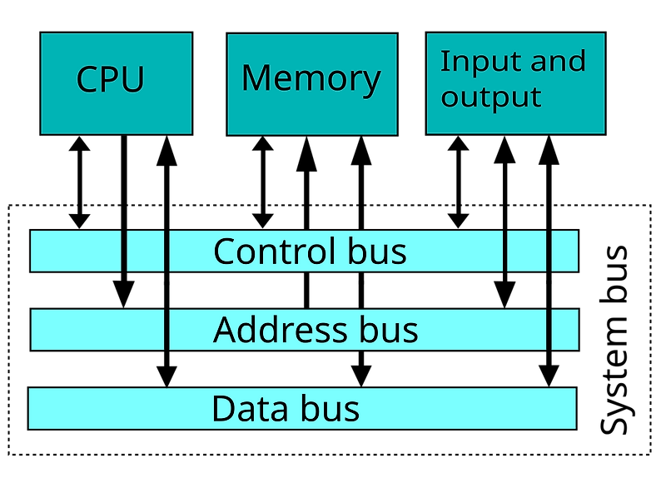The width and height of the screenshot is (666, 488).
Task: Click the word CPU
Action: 110,80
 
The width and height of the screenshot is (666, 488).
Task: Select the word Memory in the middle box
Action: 311,79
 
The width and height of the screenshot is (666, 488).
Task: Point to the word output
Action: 491,97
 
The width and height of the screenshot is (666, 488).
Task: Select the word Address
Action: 280,330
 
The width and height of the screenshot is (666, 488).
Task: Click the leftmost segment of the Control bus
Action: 76,251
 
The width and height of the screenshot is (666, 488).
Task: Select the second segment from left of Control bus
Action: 146,251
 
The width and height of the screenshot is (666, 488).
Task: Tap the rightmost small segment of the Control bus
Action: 564,251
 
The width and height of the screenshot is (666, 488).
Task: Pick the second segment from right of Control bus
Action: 526,251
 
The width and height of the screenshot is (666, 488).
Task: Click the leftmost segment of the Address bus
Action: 97,330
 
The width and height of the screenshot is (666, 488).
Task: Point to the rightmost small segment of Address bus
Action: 564,330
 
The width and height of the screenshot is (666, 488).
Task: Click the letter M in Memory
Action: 256,79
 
